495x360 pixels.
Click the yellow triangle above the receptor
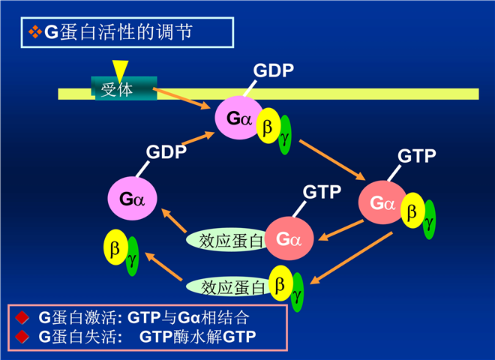click(121, 69)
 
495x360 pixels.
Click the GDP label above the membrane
click(274, 70)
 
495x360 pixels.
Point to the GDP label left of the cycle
click(166, 152)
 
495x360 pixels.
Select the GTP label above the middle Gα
click(322, 190)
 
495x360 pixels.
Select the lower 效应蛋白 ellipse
click(227, 286)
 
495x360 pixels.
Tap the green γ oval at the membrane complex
click(285, 136)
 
